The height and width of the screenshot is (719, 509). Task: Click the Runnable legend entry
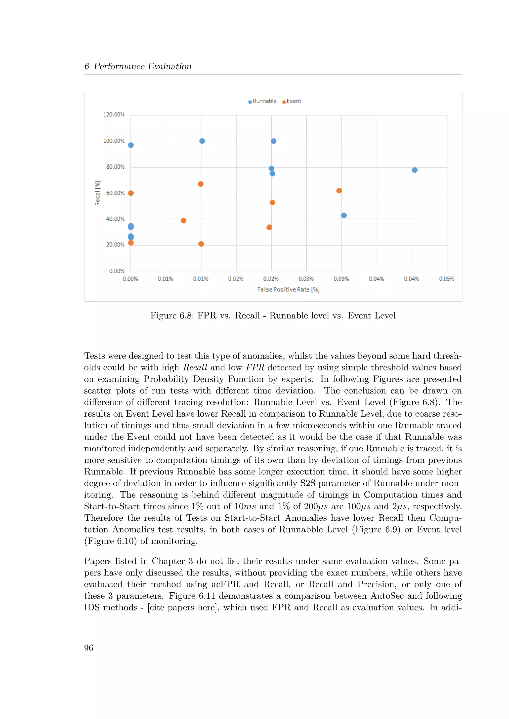[x=262, y=101]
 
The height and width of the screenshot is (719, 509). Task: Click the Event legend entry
[x=292, y=101]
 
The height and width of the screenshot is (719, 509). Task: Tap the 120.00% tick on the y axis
[x=114, y=115]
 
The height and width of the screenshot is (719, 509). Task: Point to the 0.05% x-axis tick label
[x=446, y=279]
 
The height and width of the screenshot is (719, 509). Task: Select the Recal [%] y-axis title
[x=97, y=193]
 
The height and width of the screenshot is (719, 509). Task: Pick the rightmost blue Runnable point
[x=414, y=170]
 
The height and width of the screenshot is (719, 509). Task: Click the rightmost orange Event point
[x=339, y=191]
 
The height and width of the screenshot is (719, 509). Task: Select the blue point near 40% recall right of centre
[x=343, y=216]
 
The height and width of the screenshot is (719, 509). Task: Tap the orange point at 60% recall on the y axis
[x=131, y=193]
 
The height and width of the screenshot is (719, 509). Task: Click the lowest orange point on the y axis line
[x=131, y=243]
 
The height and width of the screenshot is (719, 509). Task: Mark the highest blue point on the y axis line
[x=131, y=145]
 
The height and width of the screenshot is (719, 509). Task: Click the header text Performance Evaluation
[x=142, y=66]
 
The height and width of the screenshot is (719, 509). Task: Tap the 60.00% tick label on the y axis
[x=115, y=193]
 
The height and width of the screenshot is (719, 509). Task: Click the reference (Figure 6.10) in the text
[x=110, y=541]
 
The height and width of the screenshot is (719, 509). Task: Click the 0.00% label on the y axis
[x=117, y=271]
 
